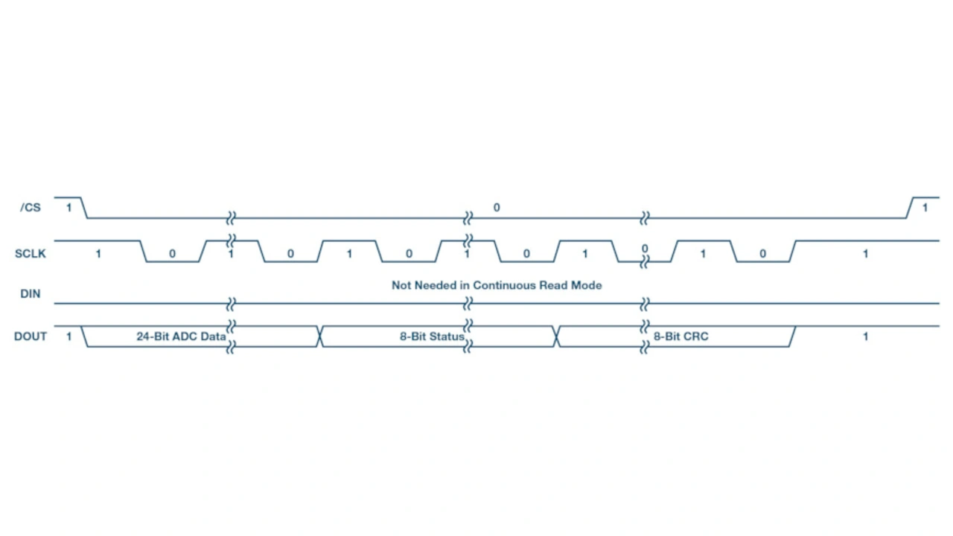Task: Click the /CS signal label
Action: [x=31, y=208]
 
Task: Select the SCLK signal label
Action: [x=31, y=254]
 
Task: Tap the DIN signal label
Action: [x=31, y=294]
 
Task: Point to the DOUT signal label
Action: [x=31, y=336]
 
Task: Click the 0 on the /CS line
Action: [x=497, y=208]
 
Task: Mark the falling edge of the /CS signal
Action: [x=83, y=208]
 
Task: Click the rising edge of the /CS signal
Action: [x=910, y=208]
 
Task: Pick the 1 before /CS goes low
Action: [x=69, y=208]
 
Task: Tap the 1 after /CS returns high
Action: [x=925, y=208]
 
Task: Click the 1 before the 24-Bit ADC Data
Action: [x=69, y=336]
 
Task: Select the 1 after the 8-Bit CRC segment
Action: [x=865, y=336]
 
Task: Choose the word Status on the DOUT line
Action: [x=447, y=336]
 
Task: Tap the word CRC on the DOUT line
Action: [x=696, y=336]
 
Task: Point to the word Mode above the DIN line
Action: [x=587, y=285]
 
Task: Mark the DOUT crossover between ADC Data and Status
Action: [x=320, y=336]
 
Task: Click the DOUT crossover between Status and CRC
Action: [x=557, y=336]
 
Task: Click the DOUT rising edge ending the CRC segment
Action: [x=791, y=336]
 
